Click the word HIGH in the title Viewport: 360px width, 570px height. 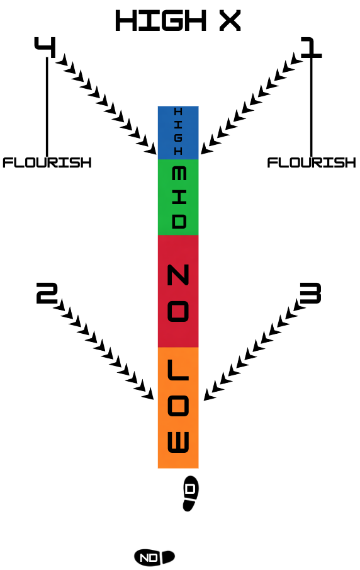(161, 21)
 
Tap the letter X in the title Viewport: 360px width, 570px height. (230, 21)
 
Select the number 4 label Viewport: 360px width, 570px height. (45, 47)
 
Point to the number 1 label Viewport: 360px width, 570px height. (312, 47)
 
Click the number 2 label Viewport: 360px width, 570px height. (47, 293)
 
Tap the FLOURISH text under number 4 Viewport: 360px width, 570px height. (47, 162)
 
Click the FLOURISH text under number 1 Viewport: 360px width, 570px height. (312, 162)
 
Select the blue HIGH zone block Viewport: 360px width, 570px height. (178, 133)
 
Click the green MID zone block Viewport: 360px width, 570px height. (178, 197)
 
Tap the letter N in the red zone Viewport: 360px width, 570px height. (178, 275)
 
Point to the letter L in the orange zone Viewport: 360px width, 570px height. (178, 370)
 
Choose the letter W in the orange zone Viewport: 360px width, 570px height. (178, 442)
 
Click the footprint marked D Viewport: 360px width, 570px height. (190, 493)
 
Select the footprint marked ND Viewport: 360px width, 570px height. (154, 557)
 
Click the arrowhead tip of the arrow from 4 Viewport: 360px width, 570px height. (156, 154)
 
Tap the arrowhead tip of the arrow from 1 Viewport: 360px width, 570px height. (201, 154)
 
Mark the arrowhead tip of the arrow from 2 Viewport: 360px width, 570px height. (153, 399)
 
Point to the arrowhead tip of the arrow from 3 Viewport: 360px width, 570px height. (204, 400)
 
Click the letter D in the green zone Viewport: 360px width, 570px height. (179, 221)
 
